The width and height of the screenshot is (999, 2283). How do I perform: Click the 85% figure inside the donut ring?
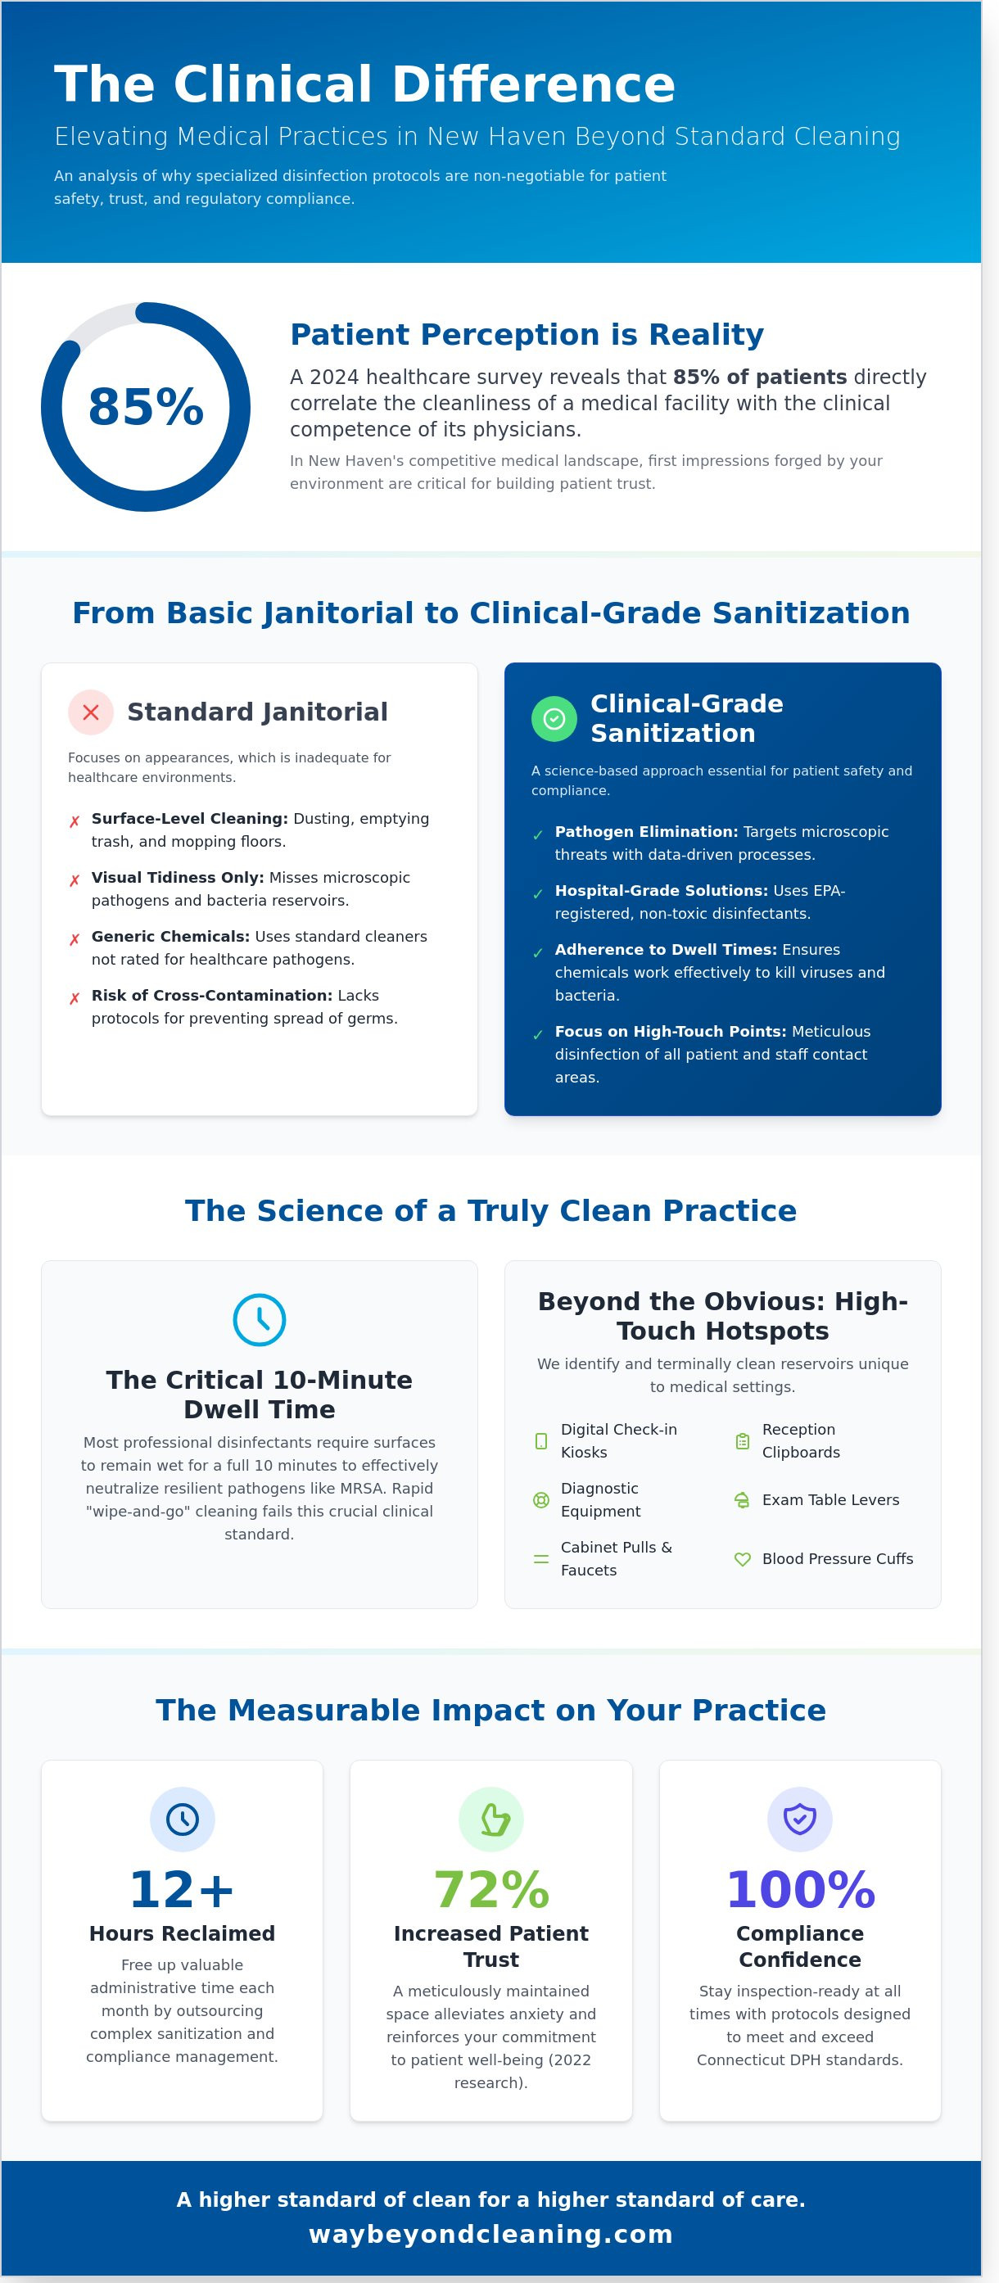tap(146, 407)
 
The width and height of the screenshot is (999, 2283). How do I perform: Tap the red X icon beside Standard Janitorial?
tap(90, 712)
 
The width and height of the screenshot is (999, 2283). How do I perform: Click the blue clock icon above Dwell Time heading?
tap(259, 1320)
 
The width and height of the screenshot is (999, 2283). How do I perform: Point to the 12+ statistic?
tap(182, 1889)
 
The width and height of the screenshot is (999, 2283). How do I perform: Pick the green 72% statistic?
tap(491, 1889)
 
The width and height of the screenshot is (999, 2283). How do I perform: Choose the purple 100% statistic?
tap(799, 1889)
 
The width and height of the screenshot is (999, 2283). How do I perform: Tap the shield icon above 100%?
tap(799, 1819)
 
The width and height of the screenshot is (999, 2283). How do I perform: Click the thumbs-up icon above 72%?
tap(491, 1819)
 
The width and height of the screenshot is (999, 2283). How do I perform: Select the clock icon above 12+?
tap(182, 1819)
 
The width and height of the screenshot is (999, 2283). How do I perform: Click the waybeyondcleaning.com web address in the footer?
tap(491, 2234)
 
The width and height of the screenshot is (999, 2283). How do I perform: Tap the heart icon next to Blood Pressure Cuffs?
tap(743, 1559)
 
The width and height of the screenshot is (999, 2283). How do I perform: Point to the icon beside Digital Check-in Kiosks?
tap(540, 1441)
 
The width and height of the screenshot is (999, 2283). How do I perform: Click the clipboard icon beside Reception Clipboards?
tap(743, 1441)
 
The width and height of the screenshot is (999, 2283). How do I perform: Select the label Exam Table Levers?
tap(830, 1499)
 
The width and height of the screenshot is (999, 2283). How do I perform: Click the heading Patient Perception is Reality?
tap(527, 334)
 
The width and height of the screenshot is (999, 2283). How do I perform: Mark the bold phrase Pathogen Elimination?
tap(646, 831)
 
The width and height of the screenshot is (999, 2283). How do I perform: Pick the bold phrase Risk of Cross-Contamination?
tap(212, 995)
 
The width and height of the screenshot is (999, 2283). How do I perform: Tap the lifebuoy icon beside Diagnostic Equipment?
tap(540, 1499)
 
